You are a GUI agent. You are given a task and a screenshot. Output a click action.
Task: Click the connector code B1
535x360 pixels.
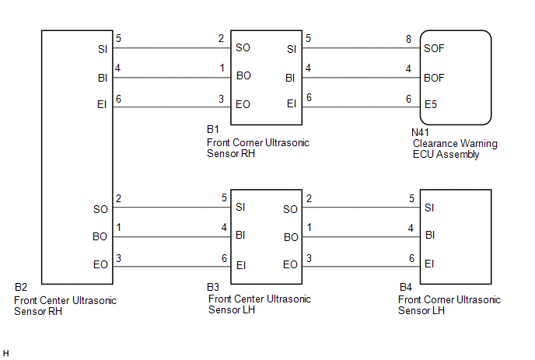214,129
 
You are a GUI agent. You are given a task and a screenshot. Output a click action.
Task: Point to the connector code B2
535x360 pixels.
22,288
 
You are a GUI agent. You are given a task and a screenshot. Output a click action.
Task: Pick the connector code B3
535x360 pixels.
214,288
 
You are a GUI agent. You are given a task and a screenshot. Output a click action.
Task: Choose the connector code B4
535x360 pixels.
406,288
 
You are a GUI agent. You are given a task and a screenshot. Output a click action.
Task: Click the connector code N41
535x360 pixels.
421,133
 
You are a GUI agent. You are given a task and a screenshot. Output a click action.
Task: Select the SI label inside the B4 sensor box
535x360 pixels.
429,208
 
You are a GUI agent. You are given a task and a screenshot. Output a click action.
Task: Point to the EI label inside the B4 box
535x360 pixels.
429,265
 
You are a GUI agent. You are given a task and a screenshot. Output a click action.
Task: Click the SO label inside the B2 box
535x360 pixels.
100,208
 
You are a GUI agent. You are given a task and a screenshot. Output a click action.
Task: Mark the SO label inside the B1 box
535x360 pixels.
243,48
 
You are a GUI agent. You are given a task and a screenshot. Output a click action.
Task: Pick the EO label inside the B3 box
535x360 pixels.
290,265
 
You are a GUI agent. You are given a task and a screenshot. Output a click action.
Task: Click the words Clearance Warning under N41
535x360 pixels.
455,144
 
